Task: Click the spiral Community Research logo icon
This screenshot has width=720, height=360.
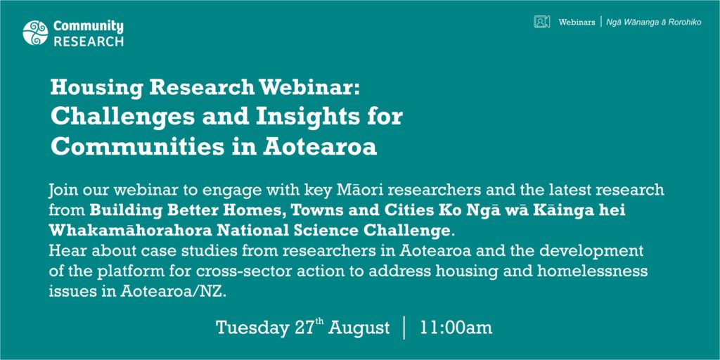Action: coord(35,33)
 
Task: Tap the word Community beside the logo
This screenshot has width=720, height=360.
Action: coord(89,27)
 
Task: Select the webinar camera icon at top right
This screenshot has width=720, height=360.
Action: coord(542,22)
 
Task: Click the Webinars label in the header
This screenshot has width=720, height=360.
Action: coord(577,22)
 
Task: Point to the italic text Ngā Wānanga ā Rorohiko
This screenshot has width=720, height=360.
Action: coord(654,22)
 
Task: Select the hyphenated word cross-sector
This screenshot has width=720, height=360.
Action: coord(236,271)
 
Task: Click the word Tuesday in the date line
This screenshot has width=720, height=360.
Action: coord(252,328)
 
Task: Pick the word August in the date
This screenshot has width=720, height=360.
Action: coord(359,328)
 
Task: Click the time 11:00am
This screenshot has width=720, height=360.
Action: coord(456,328)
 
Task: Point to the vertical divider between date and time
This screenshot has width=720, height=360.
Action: coord(404,328)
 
